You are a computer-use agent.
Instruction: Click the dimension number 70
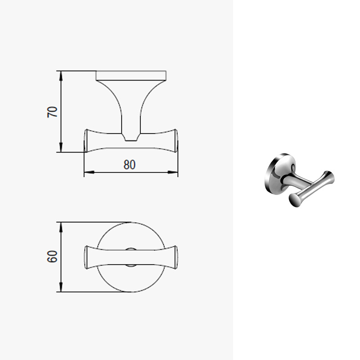click(52, 112)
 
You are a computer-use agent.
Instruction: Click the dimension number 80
click(130, 165)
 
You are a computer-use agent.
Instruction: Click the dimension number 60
click(52, 256)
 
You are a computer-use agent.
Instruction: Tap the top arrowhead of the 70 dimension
click(61, 76)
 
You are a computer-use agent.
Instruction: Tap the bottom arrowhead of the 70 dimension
click(61, 147)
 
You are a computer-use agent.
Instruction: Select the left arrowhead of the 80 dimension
click(89, 172)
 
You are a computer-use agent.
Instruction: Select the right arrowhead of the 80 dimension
click(173, 172)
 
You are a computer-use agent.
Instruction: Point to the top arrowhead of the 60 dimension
click(61, 227)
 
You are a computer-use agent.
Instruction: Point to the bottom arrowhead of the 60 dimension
click(61, 287)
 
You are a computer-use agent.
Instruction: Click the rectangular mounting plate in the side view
click(131, 76)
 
